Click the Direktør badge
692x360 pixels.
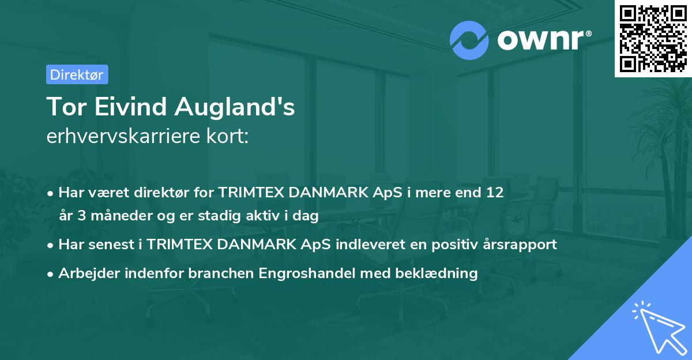coord(77,74)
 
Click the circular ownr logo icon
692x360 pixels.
coord(469,40)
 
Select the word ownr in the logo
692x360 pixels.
coord(539,40)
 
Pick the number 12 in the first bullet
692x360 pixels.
coord(494,192)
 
